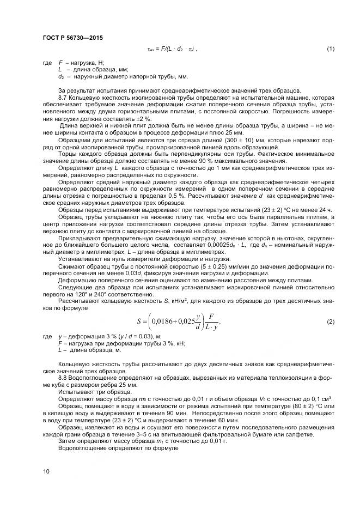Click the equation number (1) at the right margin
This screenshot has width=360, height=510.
click(331, 50)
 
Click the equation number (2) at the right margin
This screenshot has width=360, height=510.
click(331, 322)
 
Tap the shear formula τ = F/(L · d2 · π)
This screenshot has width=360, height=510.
click(173, 50)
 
